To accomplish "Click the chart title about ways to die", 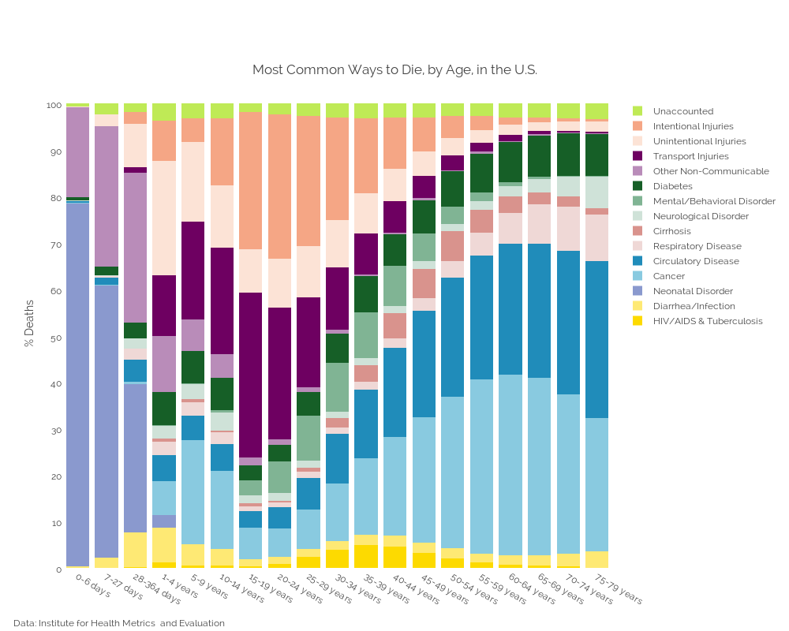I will [x=394, y=69].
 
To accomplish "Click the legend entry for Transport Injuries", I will [x=690, y=156].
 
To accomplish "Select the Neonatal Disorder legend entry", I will [x=693, y=291].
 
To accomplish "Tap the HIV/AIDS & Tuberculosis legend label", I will [x=708, y=321].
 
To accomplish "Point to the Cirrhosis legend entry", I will [x=671, y=231].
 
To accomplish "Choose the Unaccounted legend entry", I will [x=682, y=111].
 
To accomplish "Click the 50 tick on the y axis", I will [x=54, y=338].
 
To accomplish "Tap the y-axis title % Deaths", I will [x=29, y=323].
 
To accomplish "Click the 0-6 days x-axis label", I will [x=93, y=586].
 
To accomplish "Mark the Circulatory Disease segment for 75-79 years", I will [x=597, y=339].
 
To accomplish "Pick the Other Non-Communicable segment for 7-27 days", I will [x=107, y=196].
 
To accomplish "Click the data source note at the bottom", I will [x=119, y=623].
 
